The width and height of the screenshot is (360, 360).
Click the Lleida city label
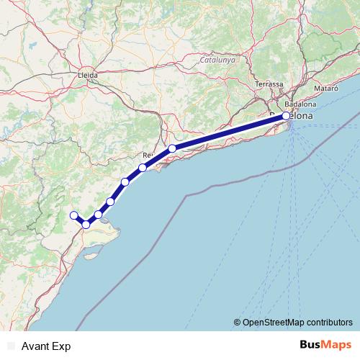87,73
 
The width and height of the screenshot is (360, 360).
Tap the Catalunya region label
218,60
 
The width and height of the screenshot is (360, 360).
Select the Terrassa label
269,84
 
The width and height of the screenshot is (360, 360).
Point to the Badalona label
301,104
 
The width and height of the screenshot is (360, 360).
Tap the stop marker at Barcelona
286,115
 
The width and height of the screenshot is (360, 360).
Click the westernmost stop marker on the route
73,215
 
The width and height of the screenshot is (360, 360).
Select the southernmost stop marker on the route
86,225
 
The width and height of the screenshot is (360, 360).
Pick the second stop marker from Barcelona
172,149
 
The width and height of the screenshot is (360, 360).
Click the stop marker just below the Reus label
143,168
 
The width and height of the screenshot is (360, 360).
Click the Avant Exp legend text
45,346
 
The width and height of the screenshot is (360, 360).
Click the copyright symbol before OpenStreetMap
237,322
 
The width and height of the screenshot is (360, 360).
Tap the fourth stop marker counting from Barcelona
125,181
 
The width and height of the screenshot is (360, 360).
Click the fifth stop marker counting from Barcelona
110,202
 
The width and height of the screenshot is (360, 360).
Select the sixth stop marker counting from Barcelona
98,215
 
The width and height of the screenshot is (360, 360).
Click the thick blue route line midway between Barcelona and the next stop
229,132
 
